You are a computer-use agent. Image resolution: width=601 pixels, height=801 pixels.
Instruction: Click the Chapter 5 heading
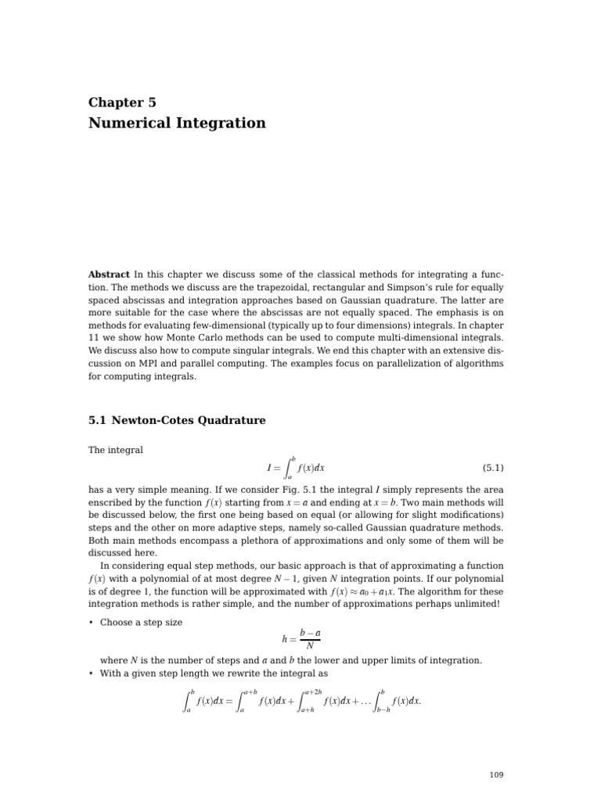pos(122,102)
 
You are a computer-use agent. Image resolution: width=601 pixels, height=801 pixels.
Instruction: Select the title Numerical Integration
pos(177,124)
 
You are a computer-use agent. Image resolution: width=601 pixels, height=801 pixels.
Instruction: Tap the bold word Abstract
pos(109,275)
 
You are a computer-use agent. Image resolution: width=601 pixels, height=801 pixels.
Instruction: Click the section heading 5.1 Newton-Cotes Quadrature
pos(177,421)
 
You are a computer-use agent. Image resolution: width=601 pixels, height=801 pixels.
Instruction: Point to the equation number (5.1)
pos(492,468)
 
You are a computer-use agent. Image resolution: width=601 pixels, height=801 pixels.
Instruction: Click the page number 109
pos(496,774)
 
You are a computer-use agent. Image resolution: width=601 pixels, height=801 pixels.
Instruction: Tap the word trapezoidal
pos(275,287)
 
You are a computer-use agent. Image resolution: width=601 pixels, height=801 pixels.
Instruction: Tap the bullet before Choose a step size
pos(91,623)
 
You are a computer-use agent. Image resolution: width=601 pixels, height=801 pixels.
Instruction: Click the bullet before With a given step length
pos(91,673)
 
